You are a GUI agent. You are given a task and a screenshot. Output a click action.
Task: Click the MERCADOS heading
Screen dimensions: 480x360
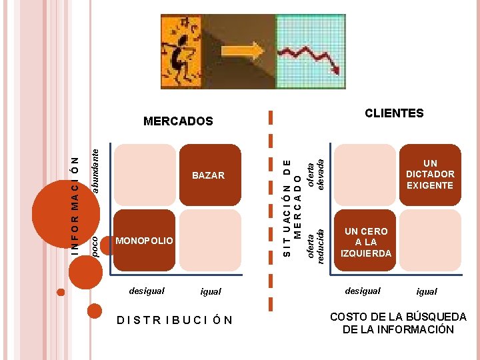(178, 121)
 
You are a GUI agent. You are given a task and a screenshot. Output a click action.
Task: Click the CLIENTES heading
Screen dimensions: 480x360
(394, 113)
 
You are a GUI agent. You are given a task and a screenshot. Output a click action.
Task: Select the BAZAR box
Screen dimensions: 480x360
(209, 175)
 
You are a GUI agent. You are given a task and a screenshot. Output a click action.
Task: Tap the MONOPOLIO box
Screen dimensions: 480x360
(145, 240)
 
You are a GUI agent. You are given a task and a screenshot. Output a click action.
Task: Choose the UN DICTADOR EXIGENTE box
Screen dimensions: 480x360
(430, 174)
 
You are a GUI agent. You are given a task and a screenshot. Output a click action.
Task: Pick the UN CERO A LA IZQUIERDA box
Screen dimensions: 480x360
(366, 242)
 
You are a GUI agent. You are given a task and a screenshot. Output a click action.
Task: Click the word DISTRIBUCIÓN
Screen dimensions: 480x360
(175, 320)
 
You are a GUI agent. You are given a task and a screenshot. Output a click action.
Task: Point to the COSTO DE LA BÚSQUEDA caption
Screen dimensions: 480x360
(398, 323)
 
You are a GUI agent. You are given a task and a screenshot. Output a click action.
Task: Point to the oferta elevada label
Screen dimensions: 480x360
(315, 171)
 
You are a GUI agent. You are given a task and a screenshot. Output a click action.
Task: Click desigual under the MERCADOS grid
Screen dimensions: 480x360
(147, 291)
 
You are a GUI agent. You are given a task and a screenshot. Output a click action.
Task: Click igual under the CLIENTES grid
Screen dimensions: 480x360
(427, 291)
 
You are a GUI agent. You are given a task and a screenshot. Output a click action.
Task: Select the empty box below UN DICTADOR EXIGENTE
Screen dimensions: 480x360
(430, 240)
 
